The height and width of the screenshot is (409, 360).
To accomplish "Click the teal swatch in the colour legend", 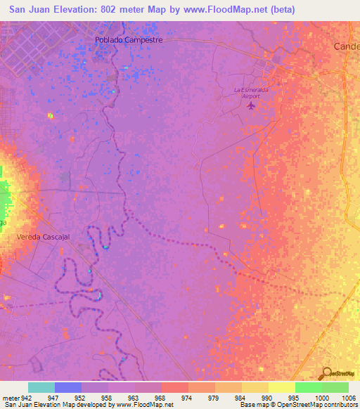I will [x=41, y=387].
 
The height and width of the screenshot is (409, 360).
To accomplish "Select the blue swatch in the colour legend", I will [x=68, y=387].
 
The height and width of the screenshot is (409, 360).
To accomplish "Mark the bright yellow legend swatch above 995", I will [x=282, y=387].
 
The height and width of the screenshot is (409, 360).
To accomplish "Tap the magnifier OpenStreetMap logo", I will [x=328, y=374].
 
